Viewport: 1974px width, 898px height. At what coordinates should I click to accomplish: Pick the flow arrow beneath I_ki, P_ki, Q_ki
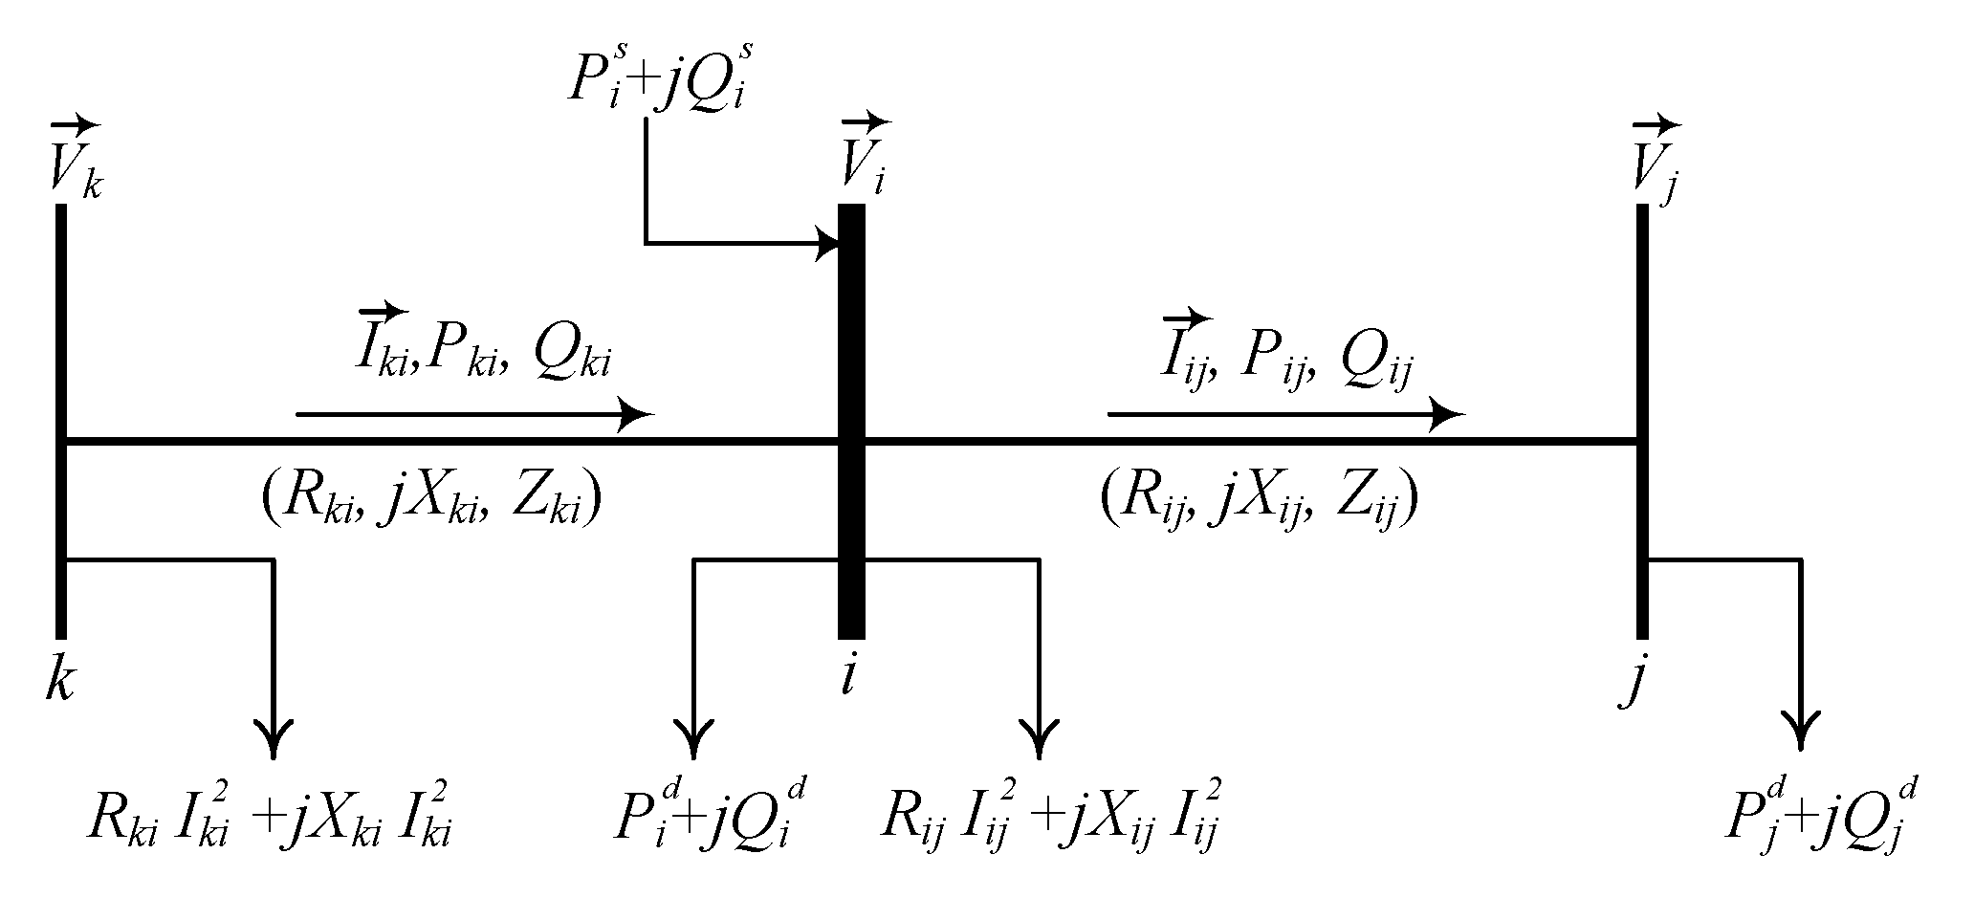point(474,415)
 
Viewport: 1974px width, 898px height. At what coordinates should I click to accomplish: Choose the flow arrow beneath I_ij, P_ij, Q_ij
point(1286,415)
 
